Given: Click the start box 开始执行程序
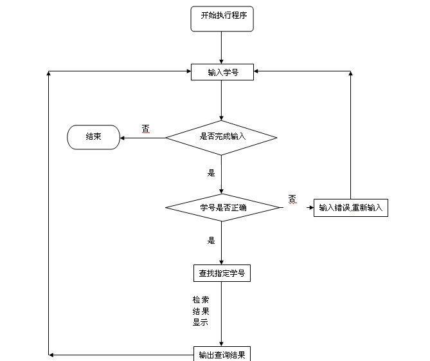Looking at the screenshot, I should click(x=222, y=18).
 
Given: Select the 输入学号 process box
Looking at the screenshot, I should click(x=222, y=72).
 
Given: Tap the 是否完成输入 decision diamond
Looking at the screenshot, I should click(x=221, y=137).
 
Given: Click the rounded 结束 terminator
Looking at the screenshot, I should click(x=93, y=137).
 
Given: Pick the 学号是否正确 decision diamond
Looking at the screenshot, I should click(x=222, y=207).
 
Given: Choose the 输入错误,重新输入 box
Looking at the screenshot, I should click(x=350, y=207).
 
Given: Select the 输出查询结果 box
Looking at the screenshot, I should click(x=222, y=355).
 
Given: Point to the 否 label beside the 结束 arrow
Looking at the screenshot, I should click(x=145, y=129).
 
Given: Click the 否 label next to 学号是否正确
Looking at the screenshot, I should click(x=292, y=198).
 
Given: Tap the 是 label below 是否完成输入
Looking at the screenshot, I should click(x=211, y=172).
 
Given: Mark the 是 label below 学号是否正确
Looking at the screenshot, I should click(x=211, y=241).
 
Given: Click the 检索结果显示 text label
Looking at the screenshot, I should click(x=201, y=311).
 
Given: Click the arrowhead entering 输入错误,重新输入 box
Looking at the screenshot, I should click(x=310, y=208).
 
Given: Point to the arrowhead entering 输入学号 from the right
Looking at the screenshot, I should click(x=258, y=72).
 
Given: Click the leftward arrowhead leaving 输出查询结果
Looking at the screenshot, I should click(x=51, y=355).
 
